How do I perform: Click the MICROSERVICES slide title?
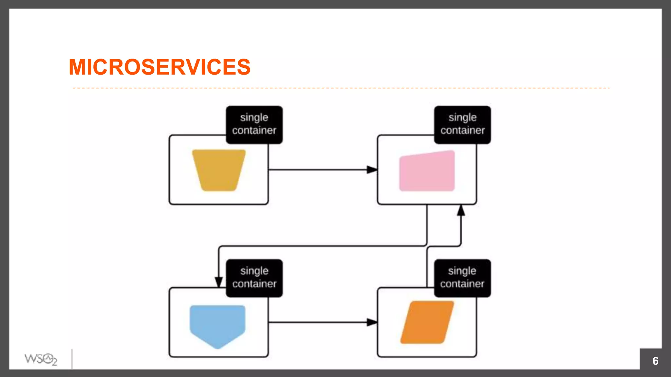[160, 67]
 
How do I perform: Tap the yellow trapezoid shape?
[219, 170]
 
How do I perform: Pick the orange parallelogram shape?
[427, 322]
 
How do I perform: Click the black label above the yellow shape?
[254, 125]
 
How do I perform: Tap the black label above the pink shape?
[462, 125]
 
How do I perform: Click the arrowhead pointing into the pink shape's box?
[372, 170]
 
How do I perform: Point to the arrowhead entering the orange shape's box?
[372, 322]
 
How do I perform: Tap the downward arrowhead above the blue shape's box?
[219, 282]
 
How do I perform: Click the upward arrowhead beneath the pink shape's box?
[461, 210]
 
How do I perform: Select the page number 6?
[655, 361]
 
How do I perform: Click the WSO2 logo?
[41, 359]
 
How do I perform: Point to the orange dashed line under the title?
[341, 88]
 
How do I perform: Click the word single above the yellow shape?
[254, 117]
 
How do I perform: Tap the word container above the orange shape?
[462, 284]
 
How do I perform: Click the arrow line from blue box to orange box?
[318, 322]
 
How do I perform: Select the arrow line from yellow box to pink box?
[318, 170]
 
